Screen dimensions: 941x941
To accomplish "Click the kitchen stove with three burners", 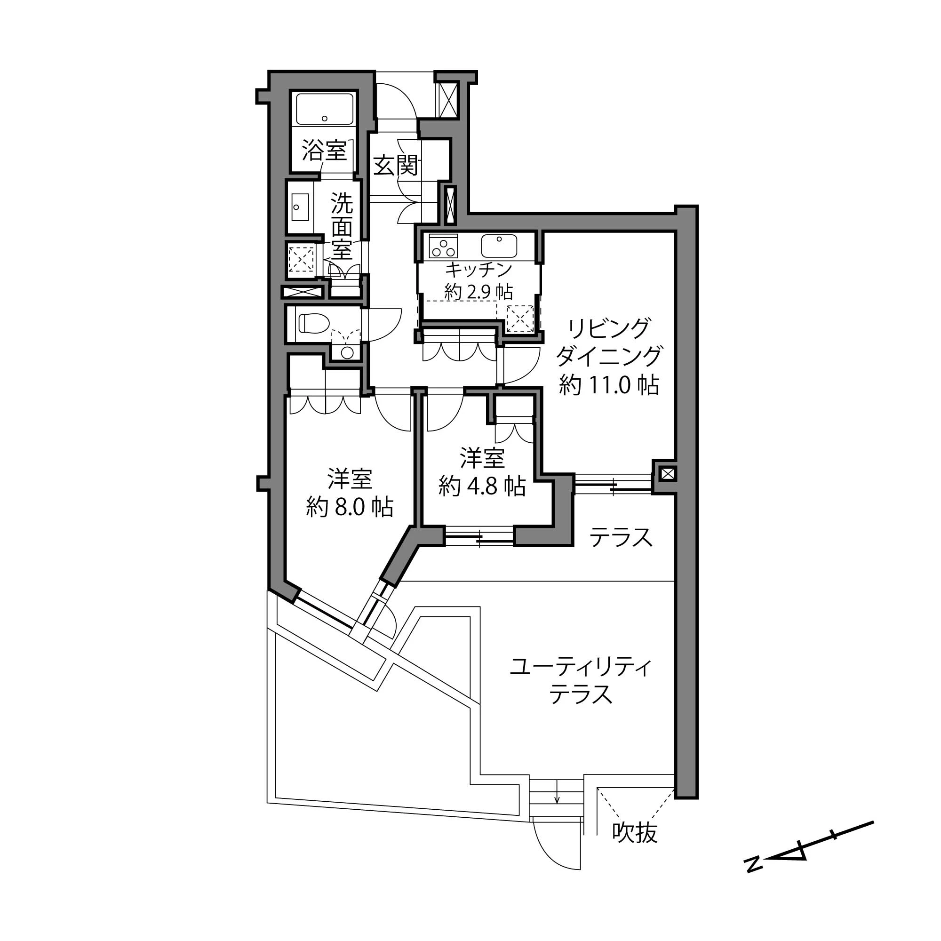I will coord(443,246).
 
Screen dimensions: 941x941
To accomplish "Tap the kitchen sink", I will coord(499,246).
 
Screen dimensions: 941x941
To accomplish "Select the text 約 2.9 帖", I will coord(478,292).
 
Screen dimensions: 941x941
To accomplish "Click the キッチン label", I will coord(479,269).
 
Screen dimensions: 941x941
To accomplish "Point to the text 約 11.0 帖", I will coord(609,385).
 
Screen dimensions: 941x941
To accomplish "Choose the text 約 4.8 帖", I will coord(482,486).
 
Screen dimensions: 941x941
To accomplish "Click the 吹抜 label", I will coord(635,832).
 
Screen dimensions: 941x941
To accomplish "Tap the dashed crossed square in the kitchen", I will coord(520,319).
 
